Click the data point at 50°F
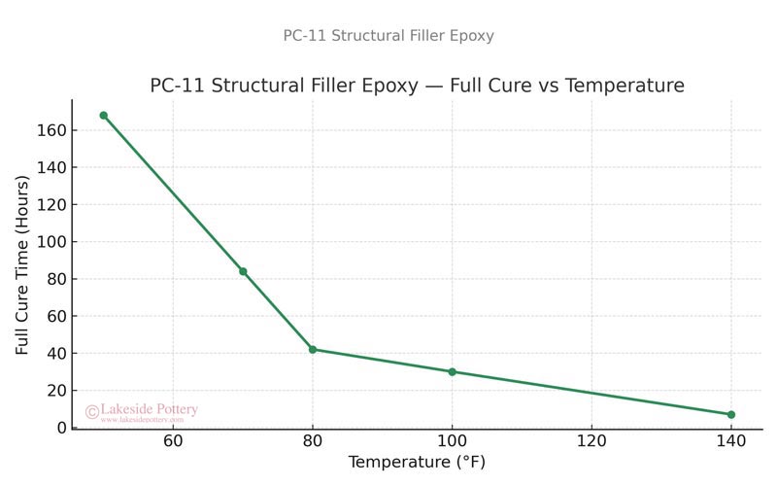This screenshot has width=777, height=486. pyautogui.click(x=104, y=116)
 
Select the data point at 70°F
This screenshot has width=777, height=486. pyautogui.click(x=243, y=271)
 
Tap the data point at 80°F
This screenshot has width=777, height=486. pyautogui.click(x=313, y=349)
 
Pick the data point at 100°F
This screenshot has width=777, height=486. pyautogui.click(x=452, y=371)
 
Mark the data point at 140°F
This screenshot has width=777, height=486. pyautogui.click(x=730, y=414)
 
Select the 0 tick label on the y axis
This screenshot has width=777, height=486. pyautogui.click(x=61, y=428)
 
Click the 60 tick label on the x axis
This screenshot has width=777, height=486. pyautogui.click(x=173, y=442)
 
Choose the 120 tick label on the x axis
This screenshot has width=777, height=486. pyautogui.click(x=591, y=442)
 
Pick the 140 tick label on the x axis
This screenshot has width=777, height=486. pyautogui.click(x=730, y=442)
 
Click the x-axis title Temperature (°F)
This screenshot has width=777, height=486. pyautogui.click(x=417, y=463)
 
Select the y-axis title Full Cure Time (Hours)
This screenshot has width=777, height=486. pyautogui.click(x=22, y=263)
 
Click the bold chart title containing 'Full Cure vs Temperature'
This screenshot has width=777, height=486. pyautogui.click(x=417, y=86)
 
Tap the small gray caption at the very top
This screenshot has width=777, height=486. pyautogui.click(x=388, y=36)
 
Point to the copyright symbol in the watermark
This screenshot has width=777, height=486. pyautogui.click(x=92, y=412)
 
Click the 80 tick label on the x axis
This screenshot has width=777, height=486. pyautogui.click(x=313, y=442)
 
